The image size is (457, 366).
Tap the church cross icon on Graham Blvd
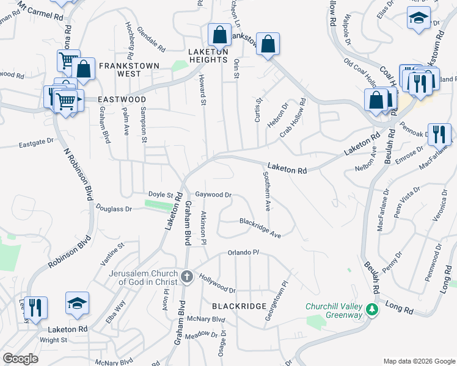[x=187, y=277]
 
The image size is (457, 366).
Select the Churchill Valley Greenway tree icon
[x=371, y=310]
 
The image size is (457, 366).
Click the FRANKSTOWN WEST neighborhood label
[x=129, y=65]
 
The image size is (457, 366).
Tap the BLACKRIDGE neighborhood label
[x=239, y=306]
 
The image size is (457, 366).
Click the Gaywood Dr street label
[x=213, y=195]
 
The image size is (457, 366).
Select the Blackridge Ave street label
[x=260, y=228]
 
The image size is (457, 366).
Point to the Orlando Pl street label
[x=244, y=252]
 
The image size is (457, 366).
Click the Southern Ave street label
[x=266, y=190]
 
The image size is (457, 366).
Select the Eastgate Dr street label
[x=36, y=145]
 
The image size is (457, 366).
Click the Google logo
[x=21, y=359]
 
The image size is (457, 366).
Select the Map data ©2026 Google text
[x=419, y=361]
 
